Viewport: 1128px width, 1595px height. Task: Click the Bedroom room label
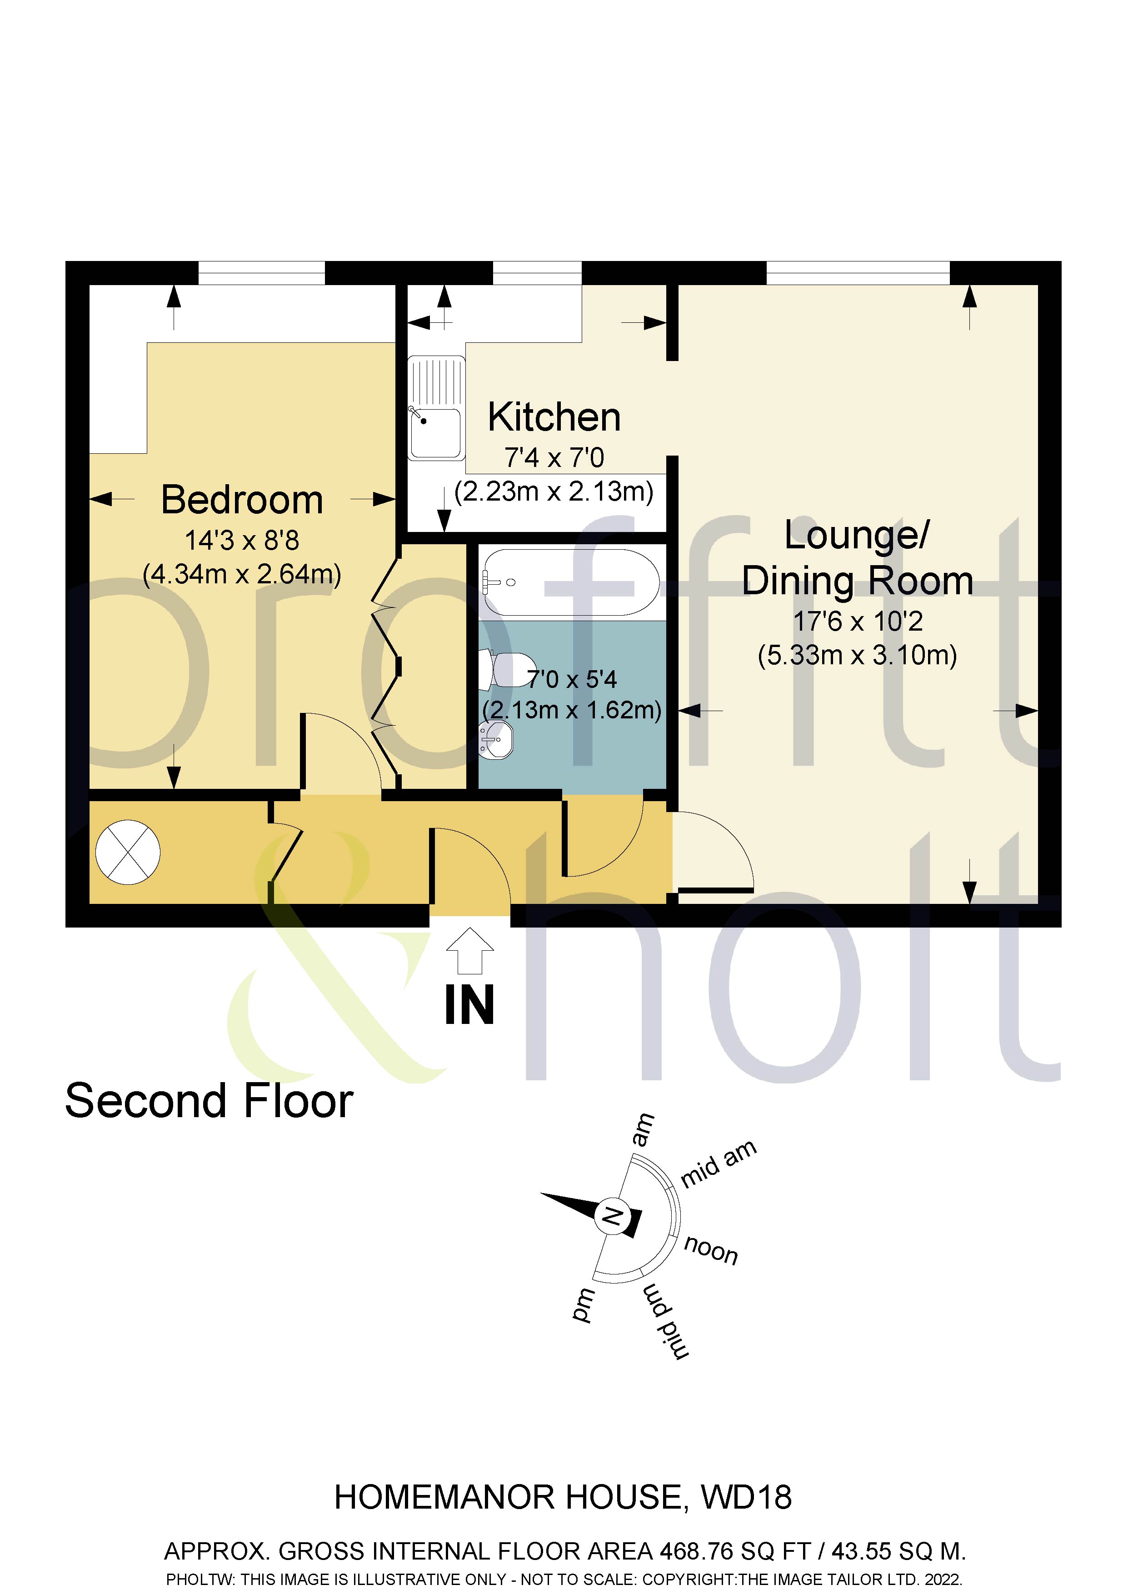tap(242, 500)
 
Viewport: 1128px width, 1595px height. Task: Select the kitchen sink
tap(435, 408)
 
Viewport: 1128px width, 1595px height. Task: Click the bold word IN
tap(469, 1005)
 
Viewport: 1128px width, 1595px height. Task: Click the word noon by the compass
tap(710, 1250)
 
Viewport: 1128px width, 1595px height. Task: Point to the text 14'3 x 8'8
tap(242, 541)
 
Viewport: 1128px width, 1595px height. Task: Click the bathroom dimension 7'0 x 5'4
tap(572, 679)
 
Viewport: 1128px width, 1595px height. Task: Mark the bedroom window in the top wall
tap(262, 273)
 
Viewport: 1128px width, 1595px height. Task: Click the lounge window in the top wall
tap(858, 273)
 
